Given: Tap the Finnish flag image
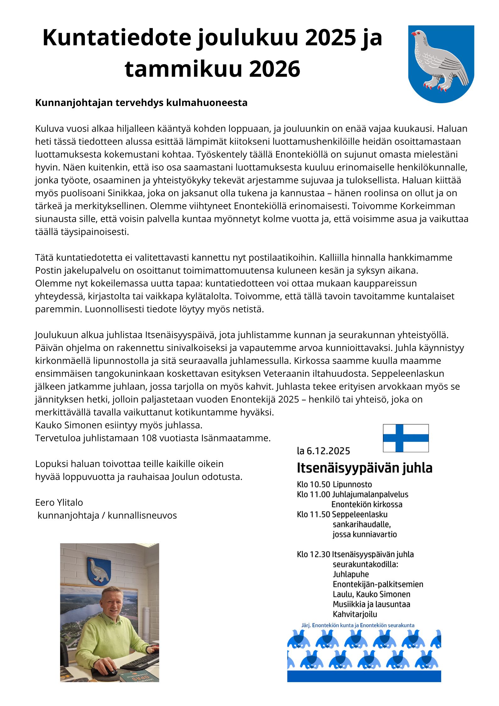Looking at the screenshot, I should click(405, 438).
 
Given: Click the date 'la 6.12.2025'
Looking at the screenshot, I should click(323, 451).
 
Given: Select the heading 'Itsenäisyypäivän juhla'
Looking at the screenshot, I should click(364, 468).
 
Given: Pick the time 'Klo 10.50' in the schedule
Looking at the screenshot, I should click(313, 484).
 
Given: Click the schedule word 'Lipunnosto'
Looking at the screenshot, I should click(352, 484).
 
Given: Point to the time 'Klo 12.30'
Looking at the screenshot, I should click(313, 554).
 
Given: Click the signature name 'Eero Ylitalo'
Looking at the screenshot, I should click(59, 502).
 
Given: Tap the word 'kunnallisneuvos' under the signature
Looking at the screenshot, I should click(142, 515).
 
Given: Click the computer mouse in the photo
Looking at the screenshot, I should click(111, 671).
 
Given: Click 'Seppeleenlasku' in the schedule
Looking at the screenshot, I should click(360, 514).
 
